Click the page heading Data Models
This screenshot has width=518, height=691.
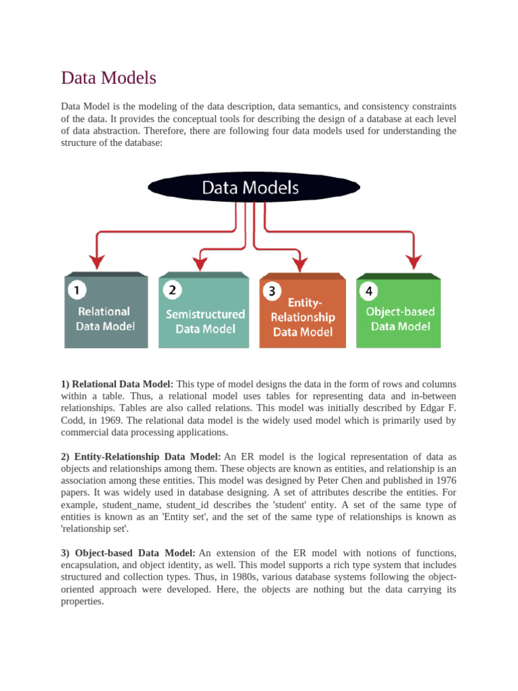(109, 78)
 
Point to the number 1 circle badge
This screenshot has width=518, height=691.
(77, 291)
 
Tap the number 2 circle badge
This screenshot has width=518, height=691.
(172, 290)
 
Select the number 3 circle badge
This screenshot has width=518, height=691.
(272, 292)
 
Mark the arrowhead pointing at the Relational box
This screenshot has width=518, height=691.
(97, 261)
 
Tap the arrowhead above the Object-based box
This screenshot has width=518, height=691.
(413, 261)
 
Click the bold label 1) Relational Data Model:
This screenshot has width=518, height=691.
(117, 384)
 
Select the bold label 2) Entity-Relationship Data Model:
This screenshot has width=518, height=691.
(141, 458)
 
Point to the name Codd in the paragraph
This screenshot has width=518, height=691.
(73, 420)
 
